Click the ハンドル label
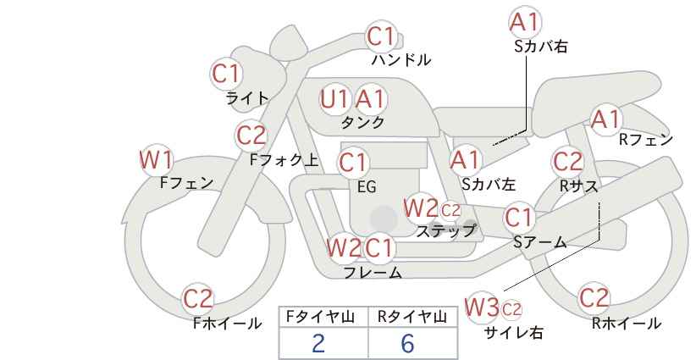point(401,59)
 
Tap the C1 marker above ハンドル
point(381,36)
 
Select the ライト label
point(247,98)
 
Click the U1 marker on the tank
point(334,99)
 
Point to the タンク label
point(362,122)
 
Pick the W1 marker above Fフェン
point(157,160)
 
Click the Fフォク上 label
point(284,159)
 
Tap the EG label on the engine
point(367,187)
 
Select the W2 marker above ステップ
point(419,208)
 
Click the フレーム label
point(373,272)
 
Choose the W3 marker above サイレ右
point(481,307)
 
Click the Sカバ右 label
point(541,47)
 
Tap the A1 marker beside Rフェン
point(605,119)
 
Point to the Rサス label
point(578,186)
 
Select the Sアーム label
point(540,241)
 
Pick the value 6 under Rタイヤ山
point(407,343)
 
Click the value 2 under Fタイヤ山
point(318,343)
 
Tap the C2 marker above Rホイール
point(593,297)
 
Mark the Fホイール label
point(227,324)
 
